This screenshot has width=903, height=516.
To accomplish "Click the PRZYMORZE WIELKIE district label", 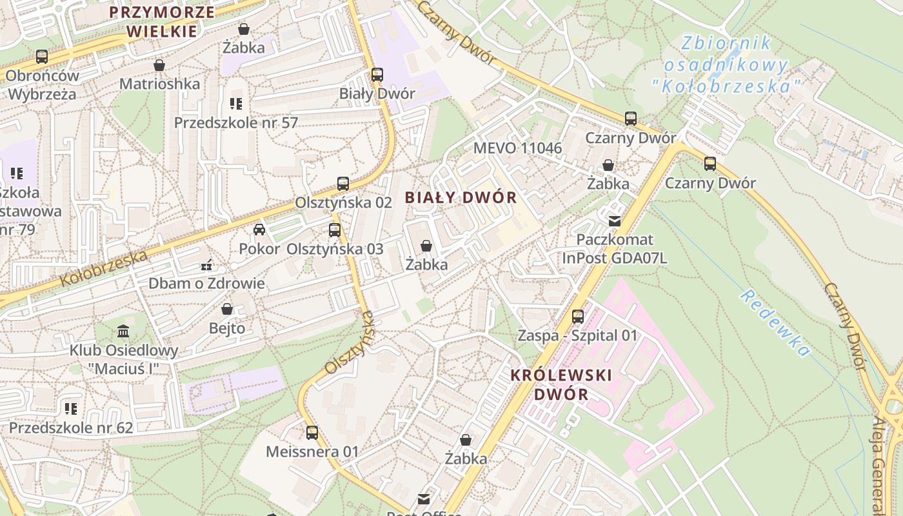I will [x=161, y=21].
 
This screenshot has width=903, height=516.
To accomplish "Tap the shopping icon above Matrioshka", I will [x=159, y=65].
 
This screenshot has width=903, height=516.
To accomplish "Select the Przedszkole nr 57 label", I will [x=235, y=122].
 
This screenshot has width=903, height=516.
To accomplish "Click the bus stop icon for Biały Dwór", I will [x=377, y=75].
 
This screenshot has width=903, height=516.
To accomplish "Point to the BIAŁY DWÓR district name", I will [x=461, y=198].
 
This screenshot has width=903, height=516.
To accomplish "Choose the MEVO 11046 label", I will [x=517, y=148].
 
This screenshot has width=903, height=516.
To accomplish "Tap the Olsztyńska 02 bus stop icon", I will [x=343, y=184].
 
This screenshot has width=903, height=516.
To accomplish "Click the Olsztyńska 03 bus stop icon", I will [x=335, y=230].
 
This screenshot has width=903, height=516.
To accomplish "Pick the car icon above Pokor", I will [x=259, y=230].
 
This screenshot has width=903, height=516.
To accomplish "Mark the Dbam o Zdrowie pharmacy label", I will [x=206, y=283].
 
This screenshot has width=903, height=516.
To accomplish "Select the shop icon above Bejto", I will [x=226, y=310].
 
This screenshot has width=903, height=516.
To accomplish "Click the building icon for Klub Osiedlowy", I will [x=123, y=332].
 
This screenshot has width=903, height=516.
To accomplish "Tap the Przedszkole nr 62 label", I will [x=71, y=428].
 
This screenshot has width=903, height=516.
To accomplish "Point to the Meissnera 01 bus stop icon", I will [x=312, y=433].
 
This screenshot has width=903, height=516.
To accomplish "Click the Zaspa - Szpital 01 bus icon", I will [x=578, y=317].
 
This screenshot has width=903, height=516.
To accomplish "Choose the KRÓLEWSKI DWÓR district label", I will [x=561, y=384].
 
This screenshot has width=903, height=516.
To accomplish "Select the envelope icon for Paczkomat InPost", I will [x=614, y=221].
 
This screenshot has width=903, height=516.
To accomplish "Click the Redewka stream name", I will [x=775, y=322].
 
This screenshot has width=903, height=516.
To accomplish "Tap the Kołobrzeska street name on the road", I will [x=104, y=268].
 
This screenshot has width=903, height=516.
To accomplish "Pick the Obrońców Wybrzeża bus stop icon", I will [x=42, y=57].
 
